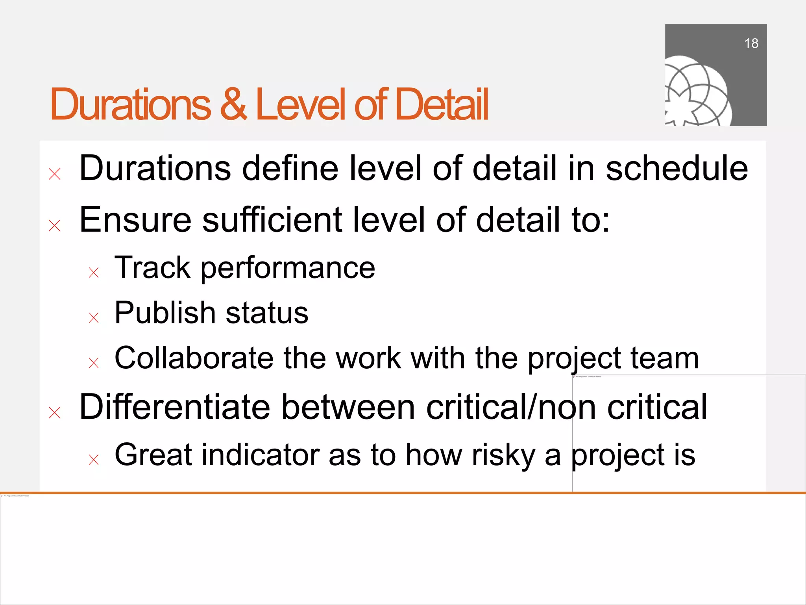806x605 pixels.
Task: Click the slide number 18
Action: point(751,43)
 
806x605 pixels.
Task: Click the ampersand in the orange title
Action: point(233,104)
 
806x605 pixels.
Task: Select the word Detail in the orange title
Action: point(442,104)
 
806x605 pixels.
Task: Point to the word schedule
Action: point(677,169)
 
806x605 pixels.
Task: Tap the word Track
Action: point(152,267)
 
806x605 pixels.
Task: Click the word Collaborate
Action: point(194,358)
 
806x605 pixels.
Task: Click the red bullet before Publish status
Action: point(94,317)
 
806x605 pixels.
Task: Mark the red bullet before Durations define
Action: point(55,174)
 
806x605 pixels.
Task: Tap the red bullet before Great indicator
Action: point(94,459)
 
